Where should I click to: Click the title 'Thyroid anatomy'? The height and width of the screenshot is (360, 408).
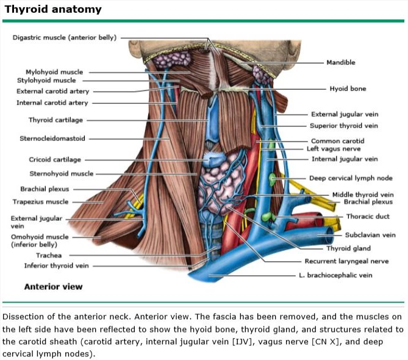[53, 10]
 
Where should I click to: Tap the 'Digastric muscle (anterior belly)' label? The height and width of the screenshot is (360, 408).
[64, 37]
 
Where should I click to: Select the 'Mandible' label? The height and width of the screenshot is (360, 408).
[340, 62]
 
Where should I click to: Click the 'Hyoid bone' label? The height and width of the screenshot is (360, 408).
[348, 88]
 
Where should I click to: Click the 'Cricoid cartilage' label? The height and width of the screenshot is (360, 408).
[55, 160]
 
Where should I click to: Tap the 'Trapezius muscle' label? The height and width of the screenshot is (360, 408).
[41, 202]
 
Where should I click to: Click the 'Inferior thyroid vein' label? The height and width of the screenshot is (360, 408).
[57, 265]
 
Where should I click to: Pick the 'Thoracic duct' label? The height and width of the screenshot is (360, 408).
[367, 216]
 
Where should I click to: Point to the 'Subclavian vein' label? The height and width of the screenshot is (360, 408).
[370, 234]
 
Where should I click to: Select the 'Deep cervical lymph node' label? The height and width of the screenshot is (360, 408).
[351, 178]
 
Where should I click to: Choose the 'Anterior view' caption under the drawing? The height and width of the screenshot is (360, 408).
[53, 286]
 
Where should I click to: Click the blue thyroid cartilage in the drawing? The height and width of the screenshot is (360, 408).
[213, 122]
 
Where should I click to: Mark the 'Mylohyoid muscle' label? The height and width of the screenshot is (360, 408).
[54, 71]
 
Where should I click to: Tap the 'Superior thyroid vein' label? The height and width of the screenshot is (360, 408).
[343, 126]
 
